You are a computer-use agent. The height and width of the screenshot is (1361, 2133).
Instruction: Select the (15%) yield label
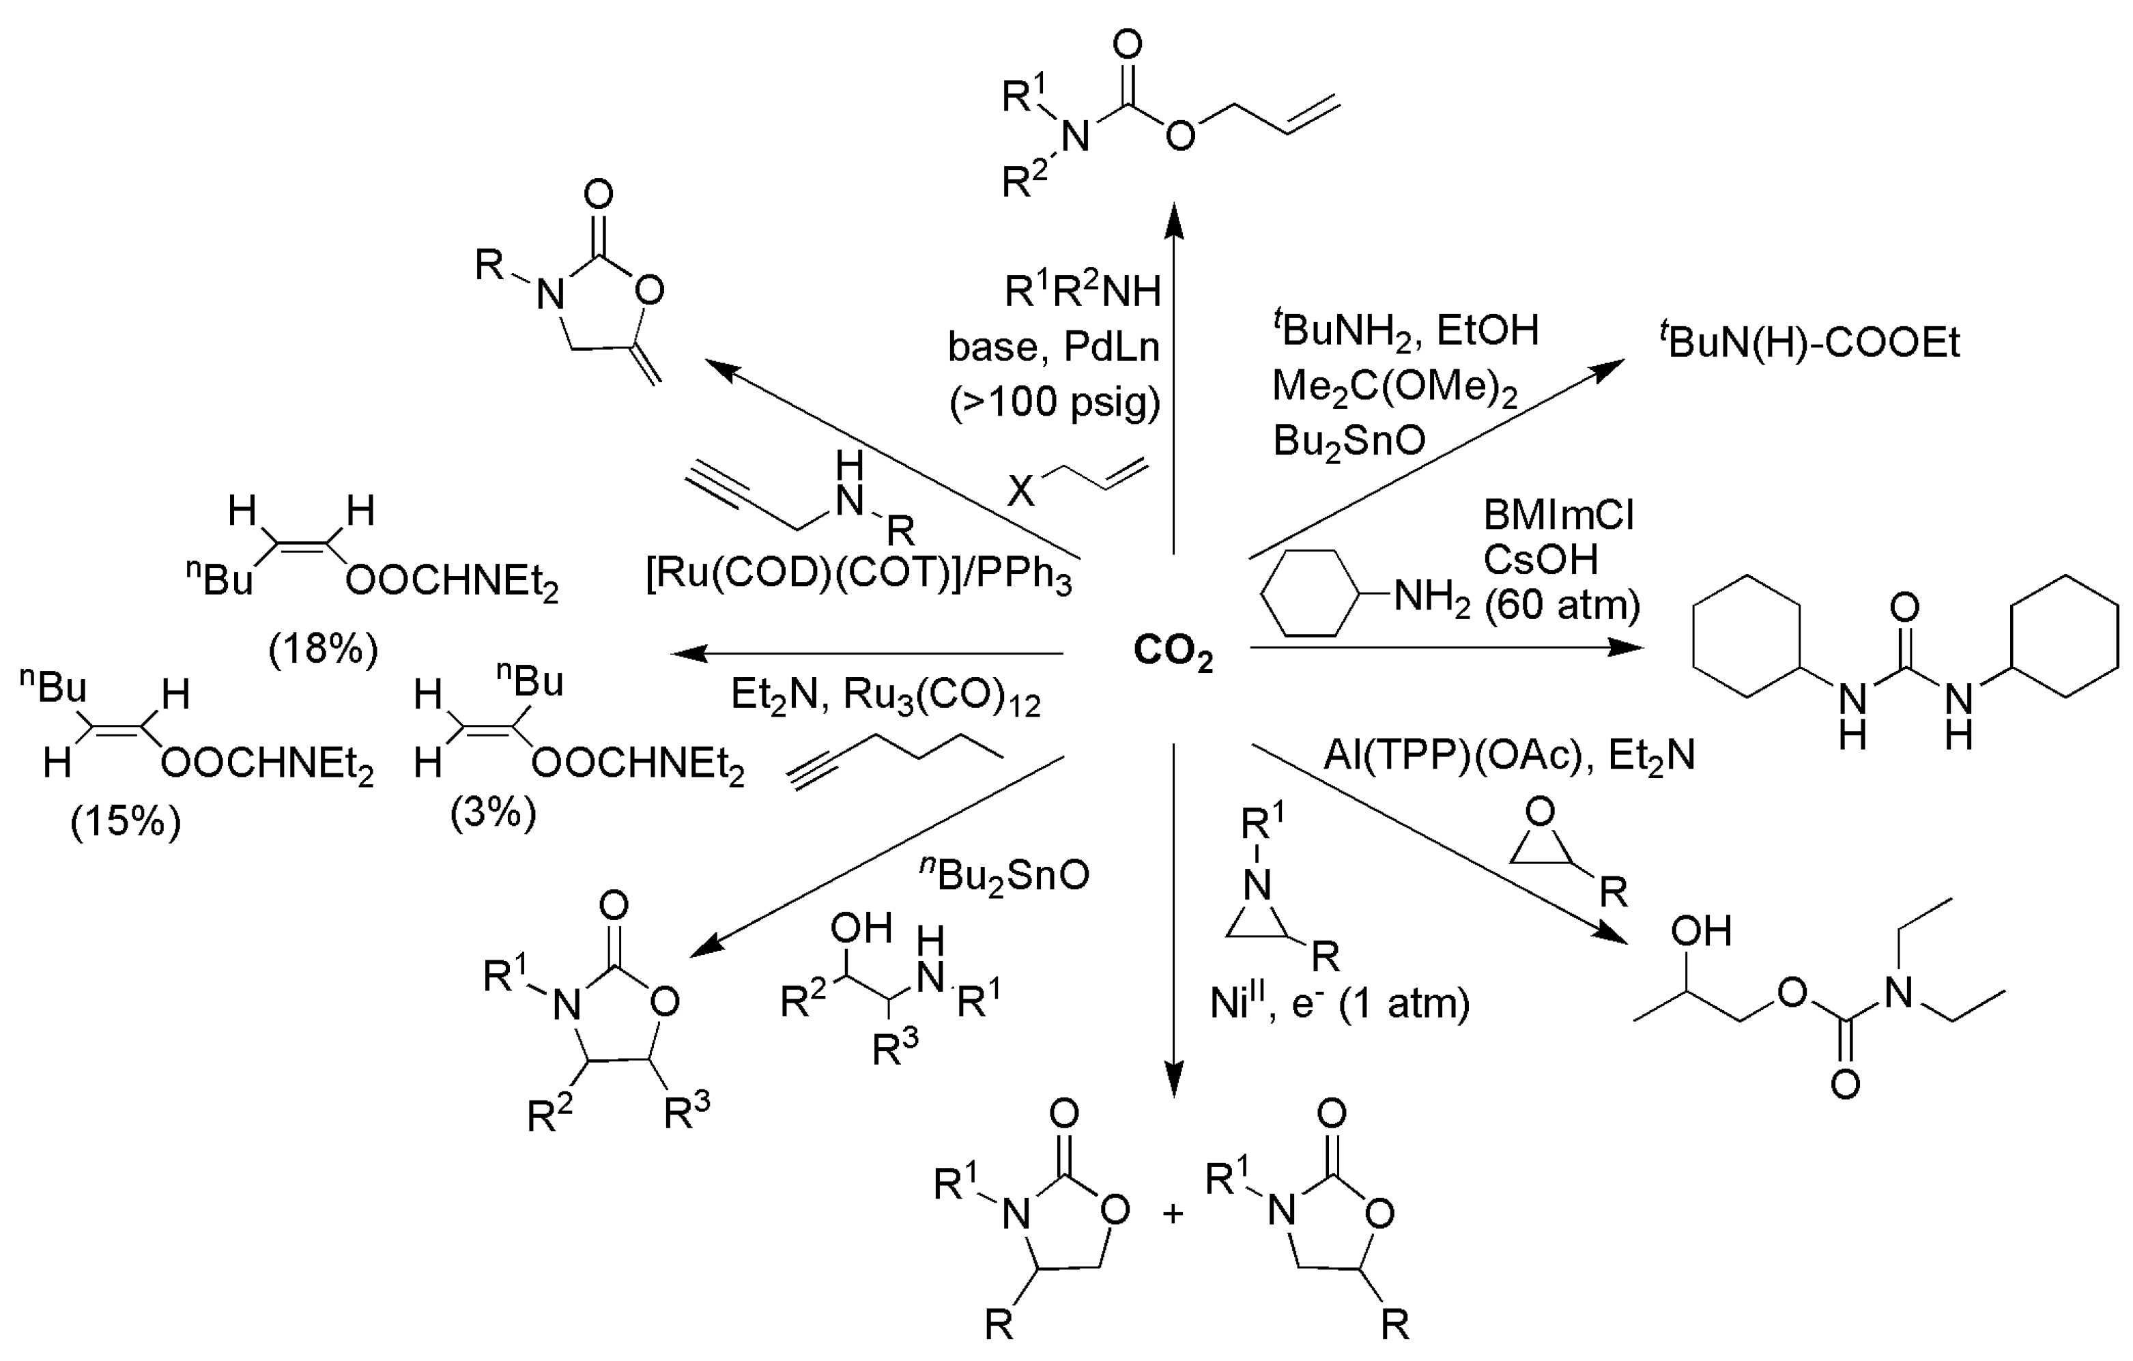[x=126, y=821]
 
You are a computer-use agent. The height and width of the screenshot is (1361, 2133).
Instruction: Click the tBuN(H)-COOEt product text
[x=1809, y=342]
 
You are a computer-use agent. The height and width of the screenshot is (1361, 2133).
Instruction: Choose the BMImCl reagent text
[x=1558, y=515]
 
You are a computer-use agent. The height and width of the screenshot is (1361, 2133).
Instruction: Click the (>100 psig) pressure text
[x=1054, y=402]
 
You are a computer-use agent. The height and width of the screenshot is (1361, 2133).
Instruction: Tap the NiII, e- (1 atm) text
[x=1339, y=1004]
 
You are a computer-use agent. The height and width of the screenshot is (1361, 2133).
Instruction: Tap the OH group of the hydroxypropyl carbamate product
[x=1701, y=931]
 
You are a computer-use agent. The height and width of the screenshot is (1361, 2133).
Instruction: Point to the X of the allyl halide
[x=1020, y=490]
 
